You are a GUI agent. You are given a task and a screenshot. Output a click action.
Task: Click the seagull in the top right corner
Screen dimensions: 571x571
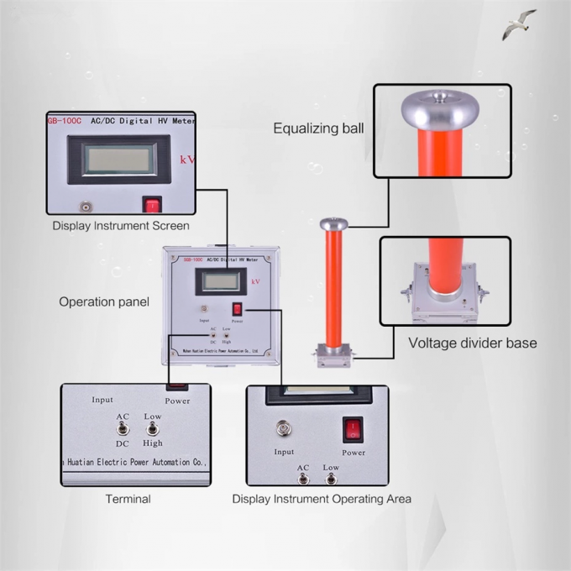tap(519, 25)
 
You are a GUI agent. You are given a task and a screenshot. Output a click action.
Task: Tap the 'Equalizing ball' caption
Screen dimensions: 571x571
tap(318, 128)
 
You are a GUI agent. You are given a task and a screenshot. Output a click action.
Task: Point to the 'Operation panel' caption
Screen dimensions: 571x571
tap(105, 301)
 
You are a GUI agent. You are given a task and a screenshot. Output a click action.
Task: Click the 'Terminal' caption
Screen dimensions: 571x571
tap(128, 499)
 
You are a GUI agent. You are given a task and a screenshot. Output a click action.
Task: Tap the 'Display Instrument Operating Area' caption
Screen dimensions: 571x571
tap(322, 499)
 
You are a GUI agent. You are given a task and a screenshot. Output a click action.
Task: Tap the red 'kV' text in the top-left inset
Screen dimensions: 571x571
tap(188, 159)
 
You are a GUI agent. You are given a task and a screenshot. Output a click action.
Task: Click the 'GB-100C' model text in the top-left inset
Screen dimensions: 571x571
tap(65, 121)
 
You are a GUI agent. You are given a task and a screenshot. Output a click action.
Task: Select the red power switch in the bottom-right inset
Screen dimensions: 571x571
tap(353, 430)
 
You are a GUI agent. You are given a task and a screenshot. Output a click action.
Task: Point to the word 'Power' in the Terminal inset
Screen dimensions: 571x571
tap(177, 401)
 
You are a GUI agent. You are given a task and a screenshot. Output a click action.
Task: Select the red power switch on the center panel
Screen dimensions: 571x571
tap(237, 309)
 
